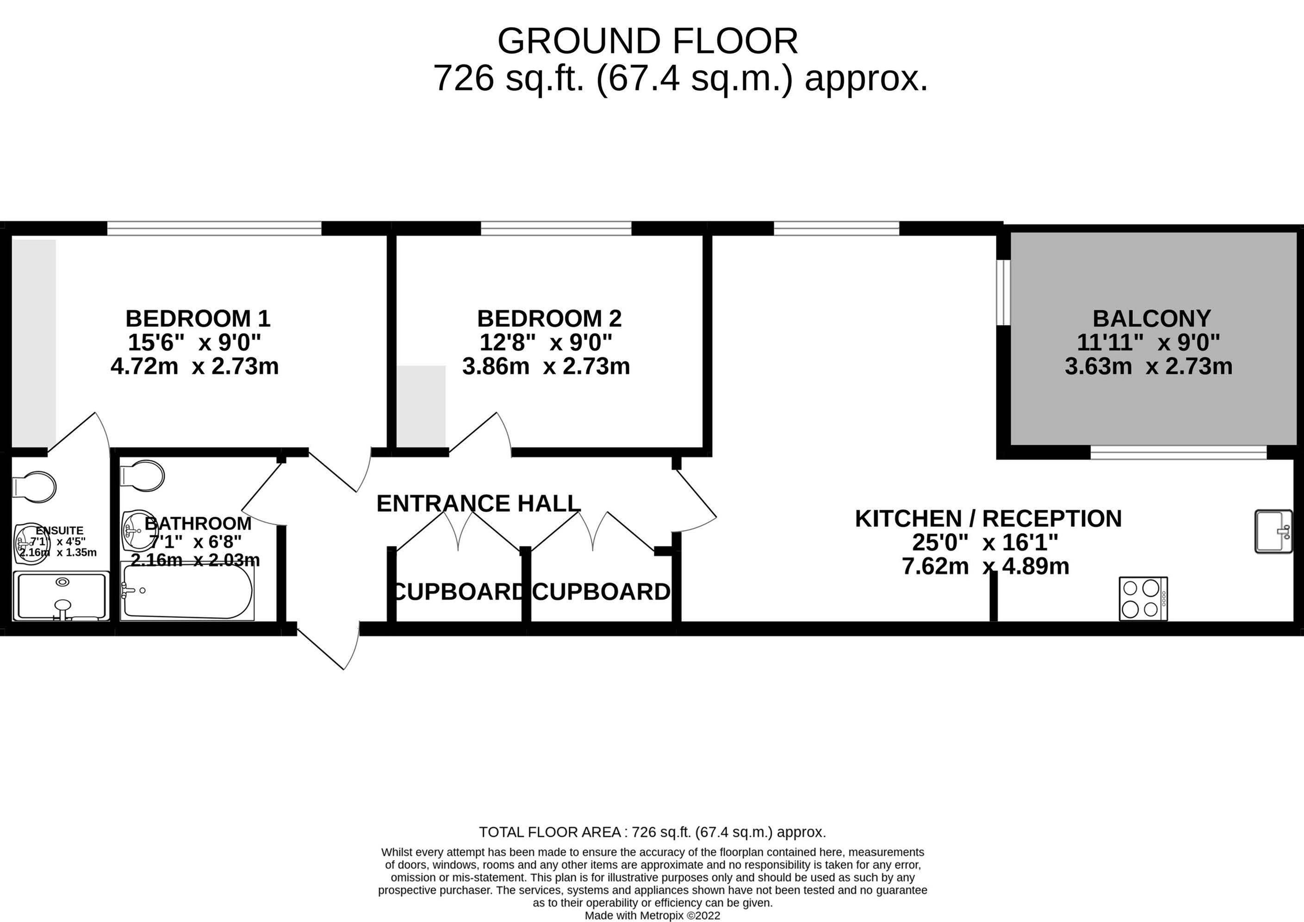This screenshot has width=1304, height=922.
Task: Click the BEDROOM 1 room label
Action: [198, 318]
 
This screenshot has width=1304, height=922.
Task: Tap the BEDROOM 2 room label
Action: [549, 318]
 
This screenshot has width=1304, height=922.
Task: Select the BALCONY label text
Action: [1152, 318]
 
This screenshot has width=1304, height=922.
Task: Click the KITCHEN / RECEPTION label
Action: [988, 518]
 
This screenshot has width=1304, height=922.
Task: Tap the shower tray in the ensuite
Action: [61, 596]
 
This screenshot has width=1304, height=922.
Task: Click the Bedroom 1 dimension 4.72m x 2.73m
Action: [195, 366]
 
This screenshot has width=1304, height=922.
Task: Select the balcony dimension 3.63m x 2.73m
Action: [1149, 366]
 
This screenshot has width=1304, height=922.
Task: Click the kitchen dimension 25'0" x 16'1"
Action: [985, 543]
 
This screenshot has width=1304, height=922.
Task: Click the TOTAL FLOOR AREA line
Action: [652, 832]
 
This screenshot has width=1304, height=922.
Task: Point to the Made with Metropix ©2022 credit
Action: [652, 915]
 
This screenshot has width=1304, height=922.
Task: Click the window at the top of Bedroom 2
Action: [556, 228]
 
